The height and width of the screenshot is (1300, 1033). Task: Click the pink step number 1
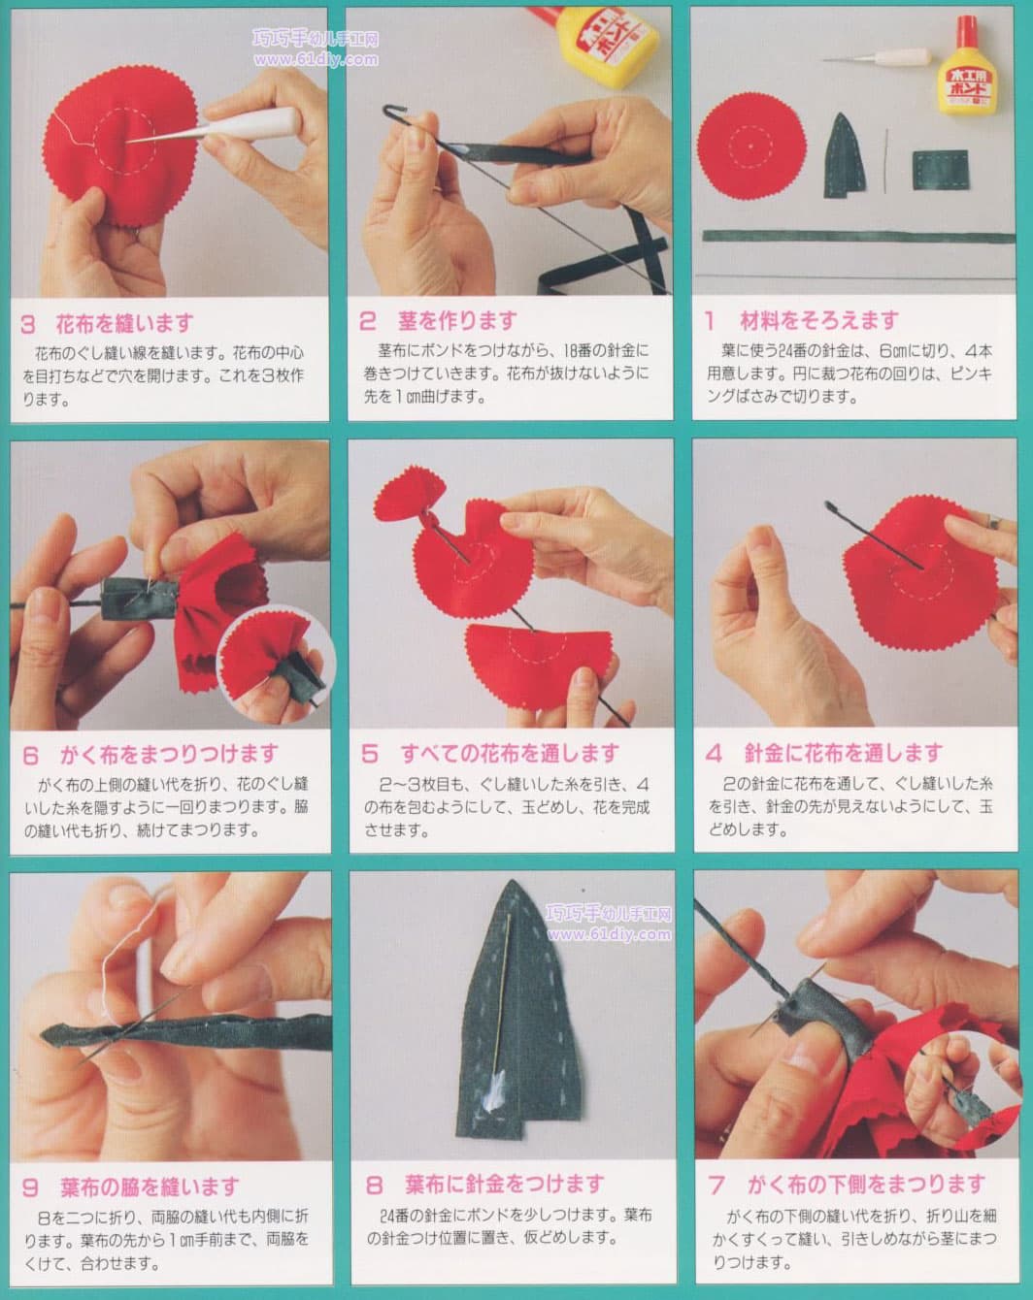pos(710,321)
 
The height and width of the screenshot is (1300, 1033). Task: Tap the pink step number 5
pos(369,754)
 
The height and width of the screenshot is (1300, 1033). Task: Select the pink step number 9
pos(31,1187)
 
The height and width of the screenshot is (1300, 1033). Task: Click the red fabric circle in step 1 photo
pos(751,146)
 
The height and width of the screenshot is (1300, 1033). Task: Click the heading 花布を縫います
pos(124,324)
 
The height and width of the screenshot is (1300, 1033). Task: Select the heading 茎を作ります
pos(457,321)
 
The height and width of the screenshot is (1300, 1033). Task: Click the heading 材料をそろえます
pos(819,321)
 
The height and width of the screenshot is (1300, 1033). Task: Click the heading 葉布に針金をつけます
pos(505,1185)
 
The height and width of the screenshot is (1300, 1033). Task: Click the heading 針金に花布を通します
pos(844,753)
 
